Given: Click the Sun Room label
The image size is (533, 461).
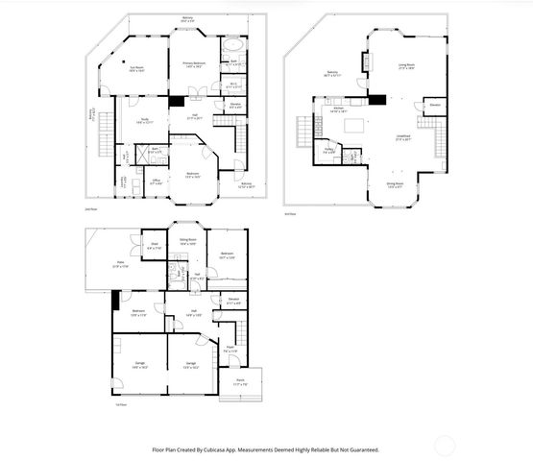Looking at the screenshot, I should tap(135, 68).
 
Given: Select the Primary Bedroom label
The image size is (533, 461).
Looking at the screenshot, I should tap(197, 64).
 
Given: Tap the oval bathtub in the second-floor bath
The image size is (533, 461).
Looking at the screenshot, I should tap(233, 46).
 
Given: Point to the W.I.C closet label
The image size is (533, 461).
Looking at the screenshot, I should tap(234, 85).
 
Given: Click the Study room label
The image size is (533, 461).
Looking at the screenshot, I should tap(144, 121).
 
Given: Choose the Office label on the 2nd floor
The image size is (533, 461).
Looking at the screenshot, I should tap(155, 182).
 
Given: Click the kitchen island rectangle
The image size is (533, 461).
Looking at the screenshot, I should tap(352, 124).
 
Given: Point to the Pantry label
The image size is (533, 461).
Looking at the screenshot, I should tap(328, 150).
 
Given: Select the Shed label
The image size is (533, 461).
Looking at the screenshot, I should tap(155, 247).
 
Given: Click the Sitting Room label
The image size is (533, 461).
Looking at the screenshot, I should tap(188, 243).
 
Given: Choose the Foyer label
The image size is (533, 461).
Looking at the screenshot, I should tap(230, 350).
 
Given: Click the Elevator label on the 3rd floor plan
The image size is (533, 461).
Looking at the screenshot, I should tap(435, 104).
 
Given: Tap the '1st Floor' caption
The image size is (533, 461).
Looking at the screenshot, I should tap(94, 404).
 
